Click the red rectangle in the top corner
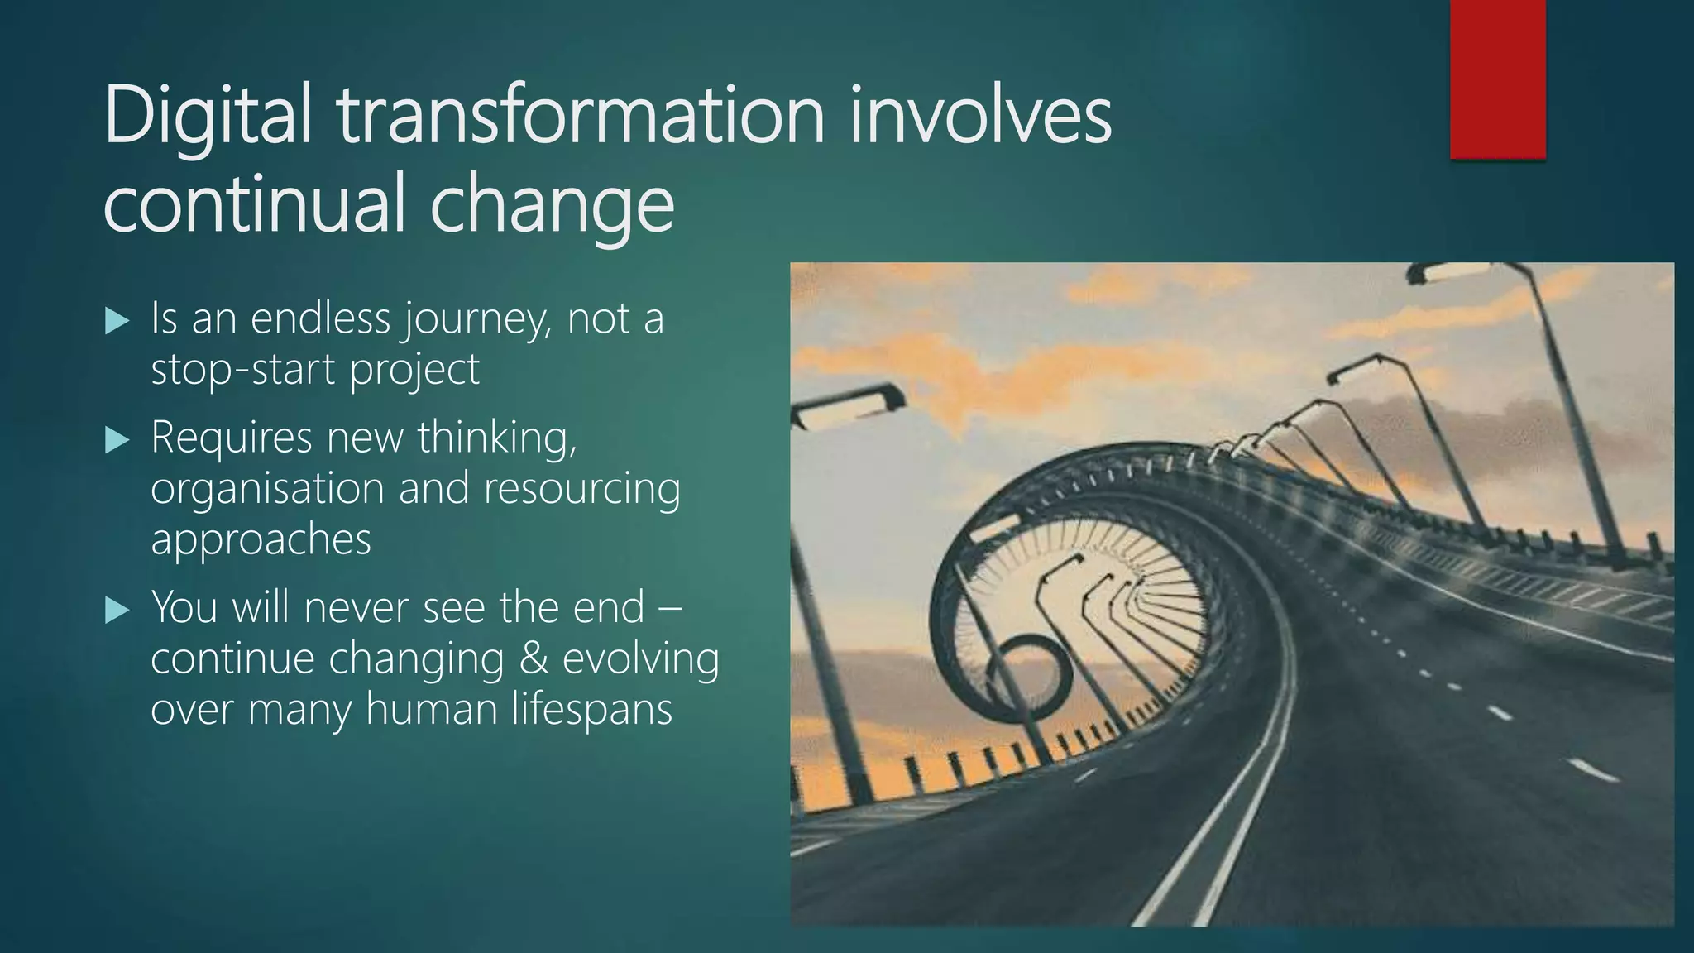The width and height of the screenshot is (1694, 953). click(x=1497, y=79)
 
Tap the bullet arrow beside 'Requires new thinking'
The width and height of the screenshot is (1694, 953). click(x=118, y=440)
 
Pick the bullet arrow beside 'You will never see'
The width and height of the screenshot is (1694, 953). click(x=118, y=611)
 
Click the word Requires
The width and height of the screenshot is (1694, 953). click(x=232, y=438)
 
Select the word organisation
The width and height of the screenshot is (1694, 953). click(x=267, y=489)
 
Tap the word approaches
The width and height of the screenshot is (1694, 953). click(x=261, y=541)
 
